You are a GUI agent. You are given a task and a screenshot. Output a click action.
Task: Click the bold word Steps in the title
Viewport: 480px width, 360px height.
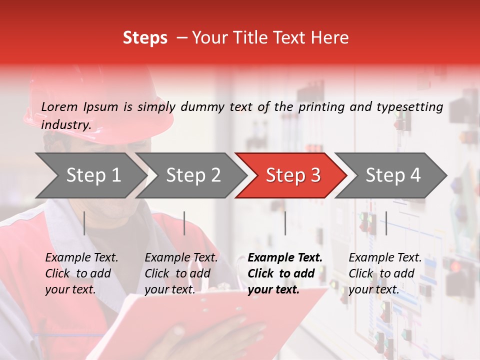click(x=145, y=37)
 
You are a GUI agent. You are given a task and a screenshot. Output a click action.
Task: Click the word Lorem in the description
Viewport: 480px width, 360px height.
click(x=59, y=106)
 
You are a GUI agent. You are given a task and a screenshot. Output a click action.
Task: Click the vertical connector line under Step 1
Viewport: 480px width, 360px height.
click(x=84, y=223)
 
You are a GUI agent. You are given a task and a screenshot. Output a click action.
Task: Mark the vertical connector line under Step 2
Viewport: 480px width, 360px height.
click(x=184, y=223)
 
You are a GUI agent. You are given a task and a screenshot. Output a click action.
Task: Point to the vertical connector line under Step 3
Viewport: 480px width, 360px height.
click(x=285, y=223)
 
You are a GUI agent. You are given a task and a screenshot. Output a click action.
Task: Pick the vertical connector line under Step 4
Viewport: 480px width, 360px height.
click(x=386, y=223)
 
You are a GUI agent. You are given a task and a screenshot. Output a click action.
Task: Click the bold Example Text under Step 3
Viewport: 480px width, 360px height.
click(x=285, y=257)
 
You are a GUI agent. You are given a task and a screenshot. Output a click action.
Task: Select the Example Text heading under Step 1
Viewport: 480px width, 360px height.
click(x=81, y=257)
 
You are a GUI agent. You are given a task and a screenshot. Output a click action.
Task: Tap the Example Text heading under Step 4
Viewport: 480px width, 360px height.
click(x=385, y=257)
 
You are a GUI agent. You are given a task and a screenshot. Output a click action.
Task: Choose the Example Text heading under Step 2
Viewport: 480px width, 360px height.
click(x=181, y=257)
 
